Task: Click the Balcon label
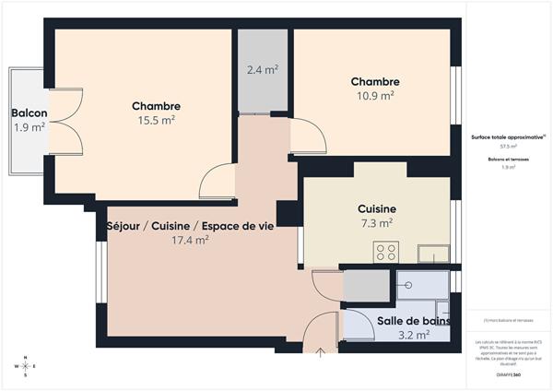pos(29,113)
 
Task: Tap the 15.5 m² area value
pos(156,120)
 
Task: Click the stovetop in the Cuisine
pos(386,251)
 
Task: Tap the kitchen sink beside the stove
pos(431,253)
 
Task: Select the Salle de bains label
pos(414,321)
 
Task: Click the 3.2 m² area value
pos(415,335)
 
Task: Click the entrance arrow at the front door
pos(320,351)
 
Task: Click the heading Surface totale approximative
pos(507,136)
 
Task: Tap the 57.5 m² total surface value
pos(508,146)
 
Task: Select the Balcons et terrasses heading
pos(508,160)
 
